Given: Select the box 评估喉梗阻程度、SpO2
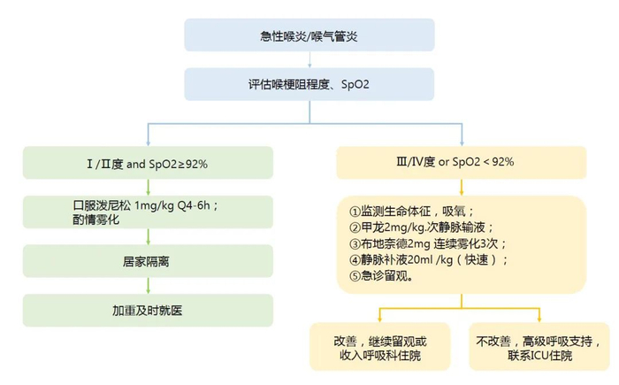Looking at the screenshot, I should point(309,85).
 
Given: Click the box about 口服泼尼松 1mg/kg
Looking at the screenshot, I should point(148,212).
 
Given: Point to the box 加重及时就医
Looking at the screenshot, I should point(148,311).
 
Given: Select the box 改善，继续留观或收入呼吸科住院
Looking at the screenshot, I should point(381,348).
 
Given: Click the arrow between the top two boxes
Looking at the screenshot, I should point(309,60).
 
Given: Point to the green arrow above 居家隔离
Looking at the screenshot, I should point(148,236).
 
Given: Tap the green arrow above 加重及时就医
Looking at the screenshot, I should point(148,286).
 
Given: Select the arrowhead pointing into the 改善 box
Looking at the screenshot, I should point(381,320).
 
